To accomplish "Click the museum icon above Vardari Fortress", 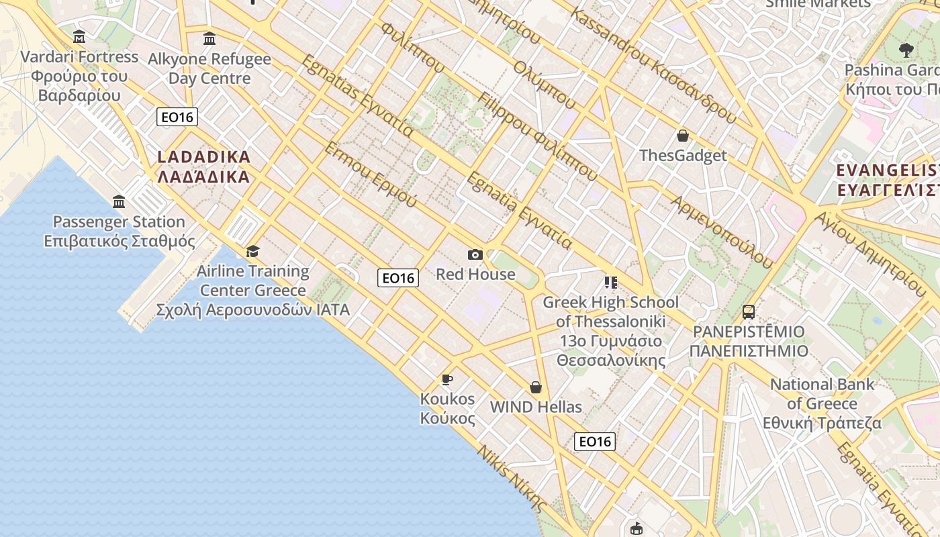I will (x=79, y=36).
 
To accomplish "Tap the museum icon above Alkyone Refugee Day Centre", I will (x=209, y=38).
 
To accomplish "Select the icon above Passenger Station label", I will (x=119, y=201).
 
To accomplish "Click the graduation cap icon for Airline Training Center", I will (x=252, y=251).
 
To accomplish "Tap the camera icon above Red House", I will (x=475, y=254).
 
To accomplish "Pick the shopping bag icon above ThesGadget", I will (x=683, y=136).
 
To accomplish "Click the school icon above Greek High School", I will (x=610, y=282).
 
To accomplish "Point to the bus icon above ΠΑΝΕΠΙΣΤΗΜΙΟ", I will (x=749, y=312).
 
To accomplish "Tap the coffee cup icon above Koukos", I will (x=447, y=379).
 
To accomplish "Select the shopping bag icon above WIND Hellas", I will (x=536, y=387).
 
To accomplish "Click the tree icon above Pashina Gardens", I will (x=906, y=50).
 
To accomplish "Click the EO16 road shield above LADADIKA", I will (x=177, y=117).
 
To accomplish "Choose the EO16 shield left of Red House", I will (x=398, y=278).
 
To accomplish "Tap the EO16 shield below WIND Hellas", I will (x=595, y=441).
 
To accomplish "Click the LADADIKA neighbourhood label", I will (x=203, y=167).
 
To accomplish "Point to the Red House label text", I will (x=475, y=274).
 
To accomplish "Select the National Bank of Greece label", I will (x=822, y=403).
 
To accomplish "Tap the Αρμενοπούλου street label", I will (x=722, y=232).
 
